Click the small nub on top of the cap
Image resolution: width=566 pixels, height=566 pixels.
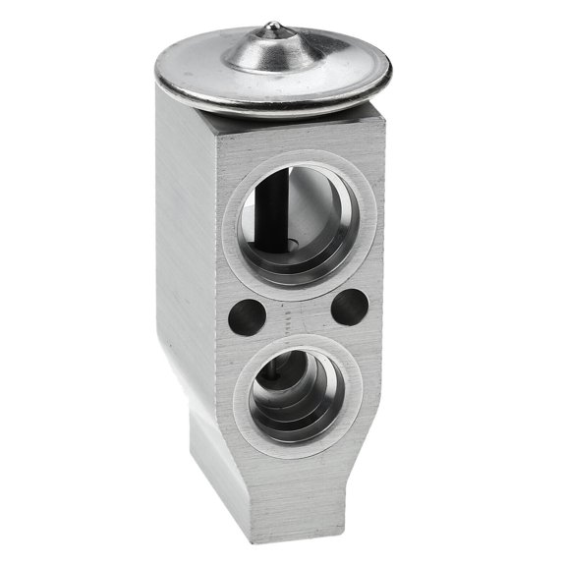click(275, 28)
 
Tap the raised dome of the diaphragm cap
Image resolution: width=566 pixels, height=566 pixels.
click(276, 51)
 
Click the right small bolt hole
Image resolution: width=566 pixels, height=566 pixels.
click(348, 309)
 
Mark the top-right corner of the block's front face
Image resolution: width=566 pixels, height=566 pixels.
click(382, 116)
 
